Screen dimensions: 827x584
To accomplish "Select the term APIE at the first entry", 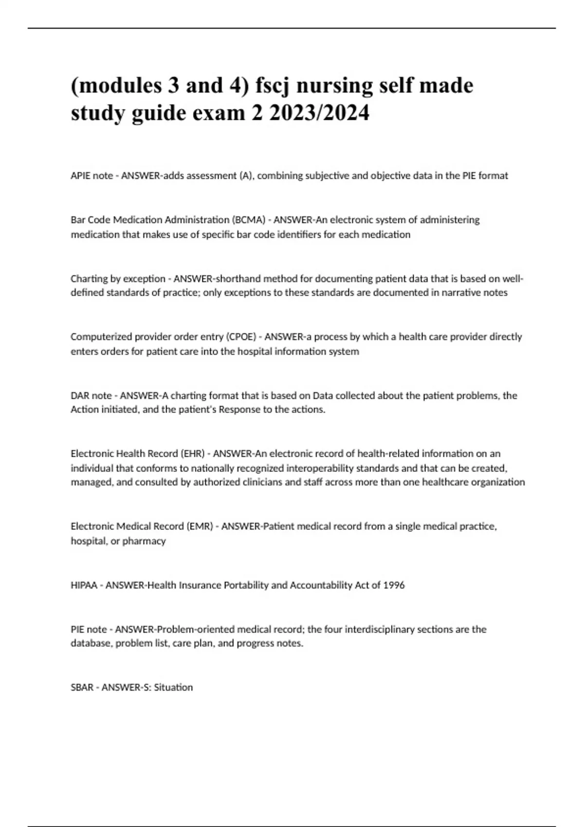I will point(80,176).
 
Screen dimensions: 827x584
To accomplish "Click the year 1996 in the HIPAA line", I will point(394,585).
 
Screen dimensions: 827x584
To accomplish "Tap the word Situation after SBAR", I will point(173,687).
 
